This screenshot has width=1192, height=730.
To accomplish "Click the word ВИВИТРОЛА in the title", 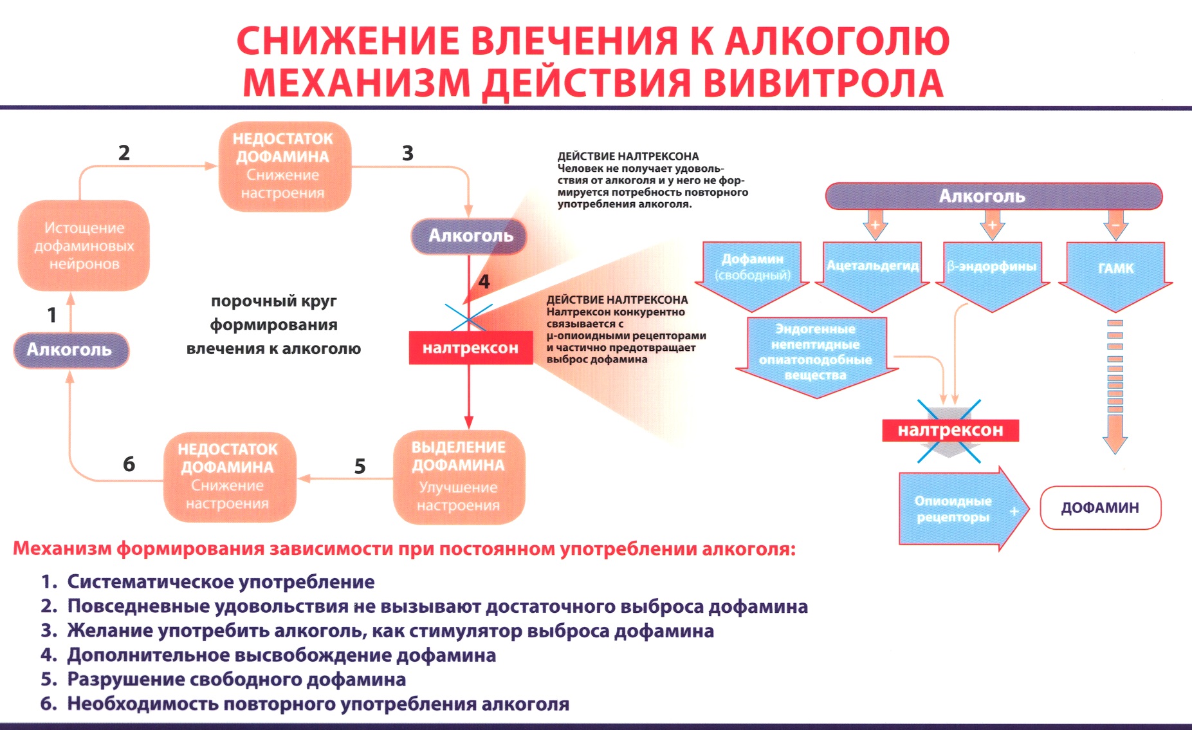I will point(823,83).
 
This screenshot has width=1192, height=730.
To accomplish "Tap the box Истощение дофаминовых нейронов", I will point(84,246).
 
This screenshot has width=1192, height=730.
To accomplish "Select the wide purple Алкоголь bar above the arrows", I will point(993,196).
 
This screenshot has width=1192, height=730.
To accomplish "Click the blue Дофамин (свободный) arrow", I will point(752,267).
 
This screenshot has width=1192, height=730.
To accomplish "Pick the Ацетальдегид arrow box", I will point(872,267).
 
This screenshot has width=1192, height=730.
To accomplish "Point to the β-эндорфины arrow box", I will point(992,267).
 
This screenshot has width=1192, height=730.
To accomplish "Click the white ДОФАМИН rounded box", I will point(1100,508).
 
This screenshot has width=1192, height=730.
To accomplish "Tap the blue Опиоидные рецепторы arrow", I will point(954,509).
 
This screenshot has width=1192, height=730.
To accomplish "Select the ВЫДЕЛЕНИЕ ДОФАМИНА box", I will point(459,476).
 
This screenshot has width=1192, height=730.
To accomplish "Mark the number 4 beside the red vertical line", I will point(484,281).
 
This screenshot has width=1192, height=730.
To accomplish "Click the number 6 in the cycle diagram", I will point(129,464).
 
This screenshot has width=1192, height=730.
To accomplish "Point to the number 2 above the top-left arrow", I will point(124,153).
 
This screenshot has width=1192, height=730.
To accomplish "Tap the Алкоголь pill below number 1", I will point(70,350).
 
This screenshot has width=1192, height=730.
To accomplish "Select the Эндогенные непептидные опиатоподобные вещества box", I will point(815,352).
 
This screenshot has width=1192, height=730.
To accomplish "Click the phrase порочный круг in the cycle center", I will point(273,301).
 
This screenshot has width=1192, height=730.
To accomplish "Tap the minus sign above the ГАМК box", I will point(1115,225).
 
